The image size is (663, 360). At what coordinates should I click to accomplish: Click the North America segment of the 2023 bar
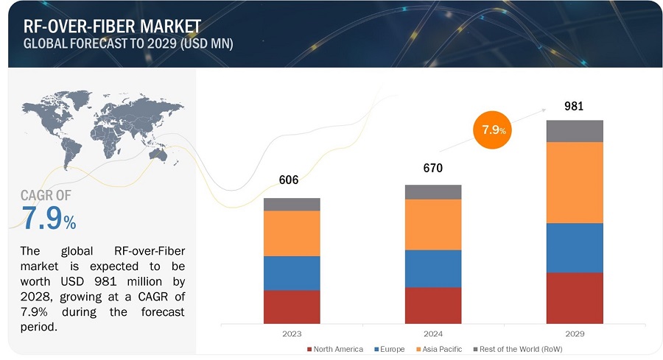coord(292,307)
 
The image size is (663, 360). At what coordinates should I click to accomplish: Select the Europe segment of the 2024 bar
coord(433,269)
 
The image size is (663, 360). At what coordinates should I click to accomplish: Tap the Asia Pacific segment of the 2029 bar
coord(575,183)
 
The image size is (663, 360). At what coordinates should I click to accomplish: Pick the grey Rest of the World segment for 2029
coord(575,131)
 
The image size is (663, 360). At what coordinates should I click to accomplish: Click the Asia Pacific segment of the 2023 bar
coord(292,233)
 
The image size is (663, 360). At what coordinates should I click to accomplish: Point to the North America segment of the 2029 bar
coord(575,298)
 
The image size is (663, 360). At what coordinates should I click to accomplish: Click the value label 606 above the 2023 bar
coord(288,181)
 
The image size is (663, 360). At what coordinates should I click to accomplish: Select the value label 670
coord(433,169)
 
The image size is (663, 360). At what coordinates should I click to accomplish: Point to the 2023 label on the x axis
coord(292,333)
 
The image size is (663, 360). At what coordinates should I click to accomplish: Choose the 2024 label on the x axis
coord(433,333)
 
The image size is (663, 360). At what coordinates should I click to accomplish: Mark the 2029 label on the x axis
coord(575,333)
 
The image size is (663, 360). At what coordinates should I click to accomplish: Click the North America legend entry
coord(334,349)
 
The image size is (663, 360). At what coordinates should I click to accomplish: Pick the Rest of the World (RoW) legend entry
coord(520,349)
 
